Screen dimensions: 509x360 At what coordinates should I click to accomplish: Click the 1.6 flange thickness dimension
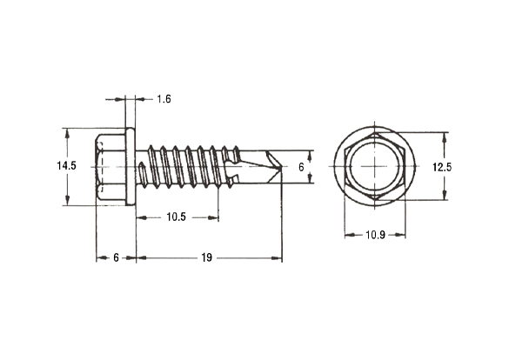164,99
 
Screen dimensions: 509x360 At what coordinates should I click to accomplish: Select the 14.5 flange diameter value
66,166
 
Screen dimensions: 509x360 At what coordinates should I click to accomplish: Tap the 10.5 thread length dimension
177,217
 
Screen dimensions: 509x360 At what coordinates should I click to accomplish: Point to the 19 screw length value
207,258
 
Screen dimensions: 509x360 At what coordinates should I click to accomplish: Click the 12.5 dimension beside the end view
442,167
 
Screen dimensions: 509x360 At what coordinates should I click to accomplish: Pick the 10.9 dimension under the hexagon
375,235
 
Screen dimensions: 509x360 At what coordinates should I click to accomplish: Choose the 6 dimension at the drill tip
301,167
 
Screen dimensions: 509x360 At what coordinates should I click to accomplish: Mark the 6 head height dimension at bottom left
116,258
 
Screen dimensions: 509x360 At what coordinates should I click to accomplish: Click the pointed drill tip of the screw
281,166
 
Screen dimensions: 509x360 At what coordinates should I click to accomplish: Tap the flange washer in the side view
131,166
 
